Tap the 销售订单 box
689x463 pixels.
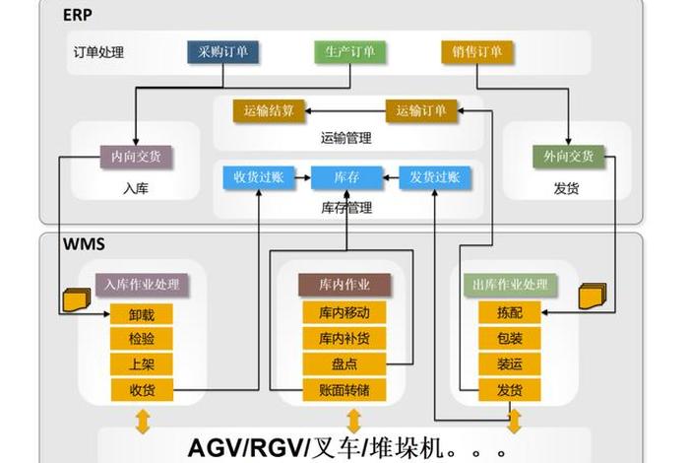tap(476, 52)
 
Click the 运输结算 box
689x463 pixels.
tap(270, 110)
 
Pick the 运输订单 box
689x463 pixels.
tap(421, 110)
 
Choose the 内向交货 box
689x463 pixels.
tap(137, 156)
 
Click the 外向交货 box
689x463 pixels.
tap(568, 156)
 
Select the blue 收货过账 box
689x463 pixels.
tap(259, 178)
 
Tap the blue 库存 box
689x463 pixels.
tap(345, 178)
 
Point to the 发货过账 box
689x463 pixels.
tap(435, 178)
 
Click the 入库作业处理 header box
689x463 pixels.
tap(142, 286)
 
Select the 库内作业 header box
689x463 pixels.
tap(344, 286)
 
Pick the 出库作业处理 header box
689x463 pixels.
tap(510, 286)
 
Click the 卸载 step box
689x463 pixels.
tap(142, 315)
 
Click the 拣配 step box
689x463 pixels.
tap(510, 315)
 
